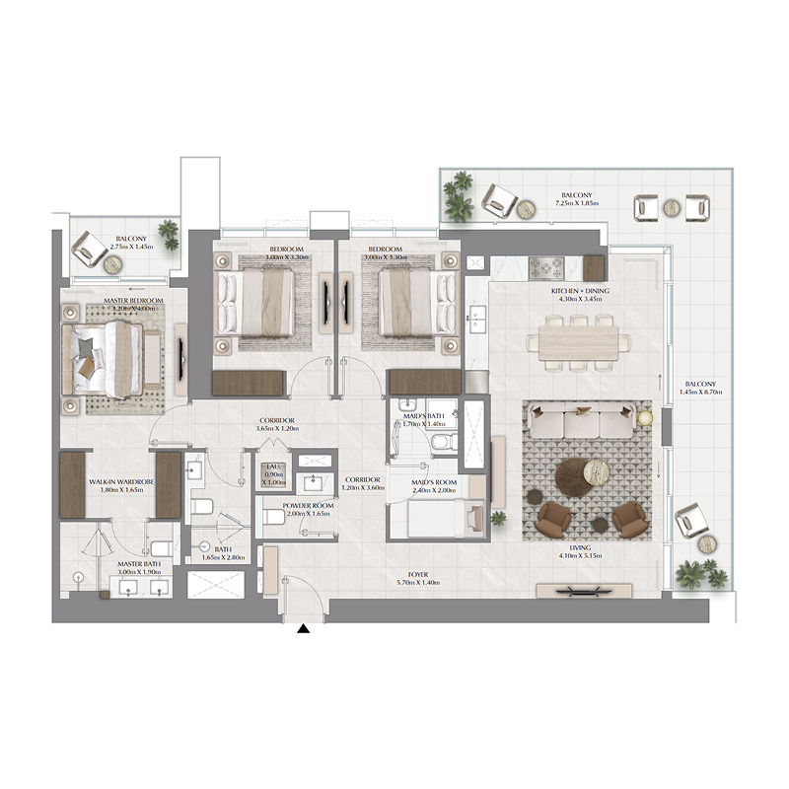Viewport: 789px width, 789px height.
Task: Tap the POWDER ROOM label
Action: point(308,506)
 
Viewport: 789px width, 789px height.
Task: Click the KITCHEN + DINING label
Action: point(579,292)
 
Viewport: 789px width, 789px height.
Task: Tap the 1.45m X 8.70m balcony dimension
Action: point(700,392)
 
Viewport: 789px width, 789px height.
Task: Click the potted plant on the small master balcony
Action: point(169,234)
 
